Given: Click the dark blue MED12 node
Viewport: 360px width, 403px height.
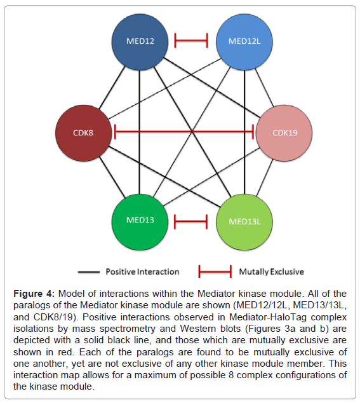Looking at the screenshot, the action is click(140, 42).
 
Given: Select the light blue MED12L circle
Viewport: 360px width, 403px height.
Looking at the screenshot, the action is click(244, 42).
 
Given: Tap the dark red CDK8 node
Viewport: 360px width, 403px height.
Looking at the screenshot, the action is click(84, 133).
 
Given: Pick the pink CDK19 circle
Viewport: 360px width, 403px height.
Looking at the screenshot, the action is click(284, 133).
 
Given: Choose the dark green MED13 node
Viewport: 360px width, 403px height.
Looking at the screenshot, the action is click(140, 222).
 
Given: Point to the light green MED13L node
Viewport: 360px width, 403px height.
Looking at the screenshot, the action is click(244, 222).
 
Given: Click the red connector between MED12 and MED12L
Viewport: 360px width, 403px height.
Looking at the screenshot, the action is click(190, 40).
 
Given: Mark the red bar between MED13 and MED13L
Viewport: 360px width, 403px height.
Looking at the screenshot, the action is click(190, 222).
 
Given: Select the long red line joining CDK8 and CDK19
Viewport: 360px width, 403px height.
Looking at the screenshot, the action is click(184, 132).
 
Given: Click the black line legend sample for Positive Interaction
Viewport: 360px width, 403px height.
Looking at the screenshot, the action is click(89, 272).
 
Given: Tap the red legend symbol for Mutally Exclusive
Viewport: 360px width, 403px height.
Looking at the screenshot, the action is click(215, 271).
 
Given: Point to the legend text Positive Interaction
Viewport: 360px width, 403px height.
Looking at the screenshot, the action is click(142, 271).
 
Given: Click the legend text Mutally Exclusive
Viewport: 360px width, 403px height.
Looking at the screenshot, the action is click(271, 271).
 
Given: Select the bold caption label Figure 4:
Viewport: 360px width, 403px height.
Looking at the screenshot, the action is click(34, 294).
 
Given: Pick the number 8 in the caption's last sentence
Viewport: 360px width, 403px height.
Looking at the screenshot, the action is click(231, 375).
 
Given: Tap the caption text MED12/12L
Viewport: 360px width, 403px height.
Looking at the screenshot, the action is click(262, 305).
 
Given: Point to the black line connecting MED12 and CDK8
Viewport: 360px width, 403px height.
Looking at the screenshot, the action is click(112, 87).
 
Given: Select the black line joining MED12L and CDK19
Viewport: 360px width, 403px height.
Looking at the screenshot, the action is click(264, 87).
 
